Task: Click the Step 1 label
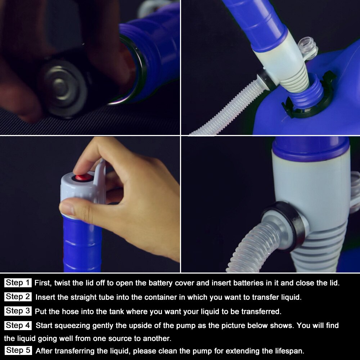coord(18,283)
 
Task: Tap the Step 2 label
coord(18,297)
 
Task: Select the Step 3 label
coord(18,311)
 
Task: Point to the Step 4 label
coord(18,325)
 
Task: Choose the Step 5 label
coord(18,350)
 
